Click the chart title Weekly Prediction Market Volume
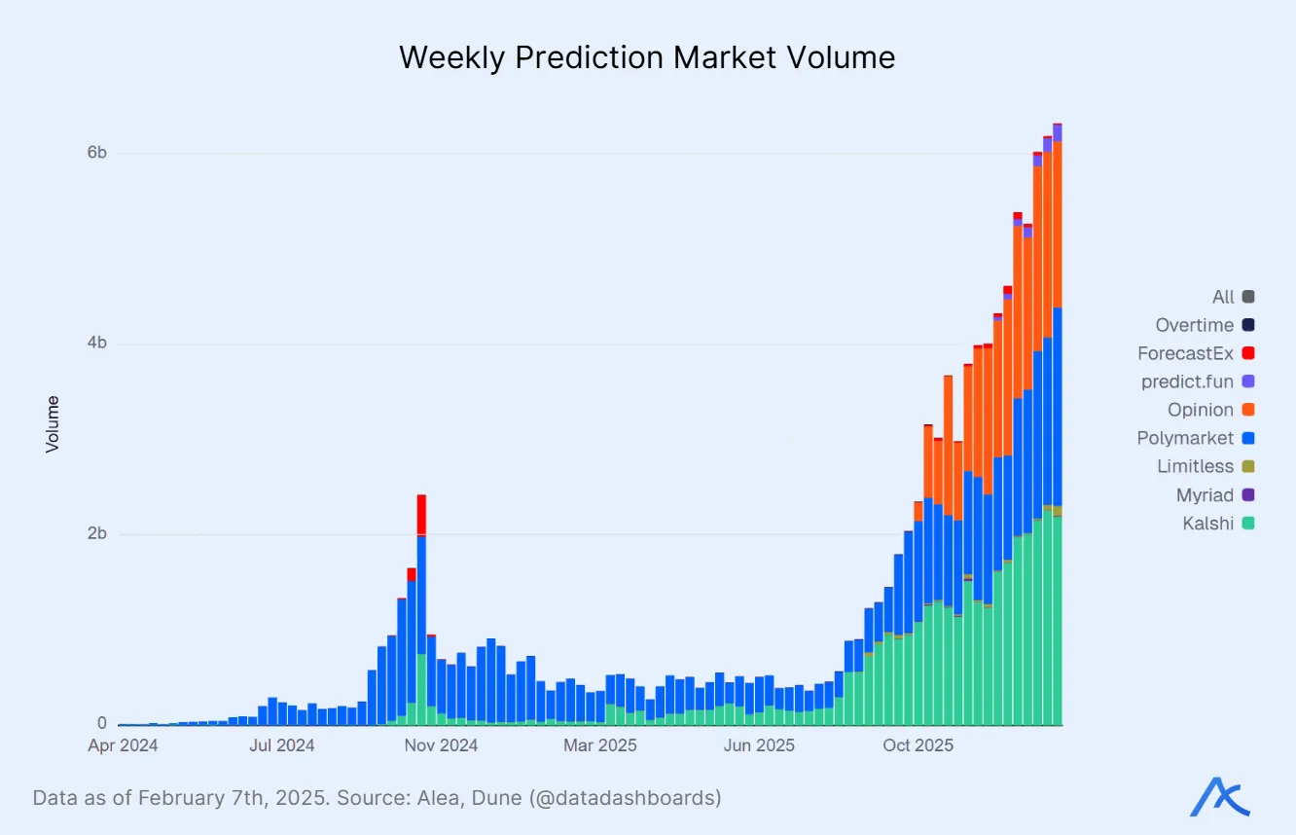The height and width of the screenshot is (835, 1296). click(x=647, y=57)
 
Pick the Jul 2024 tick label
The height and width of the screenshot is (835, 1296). click(x=282, y=746)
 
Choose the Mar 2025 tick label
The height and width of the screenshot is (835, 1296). click(x=600, y=746)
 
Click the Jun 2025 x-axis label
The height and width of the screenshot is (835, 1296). click(x=760, y=746)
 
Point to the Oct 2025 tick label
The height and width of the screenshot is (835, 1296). click(x=918, y=746)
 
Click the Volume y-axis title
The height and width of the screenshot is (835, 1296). click(x=53, y=423)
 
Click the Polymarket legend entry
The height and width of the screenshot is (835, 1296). click(x=1185, y=439)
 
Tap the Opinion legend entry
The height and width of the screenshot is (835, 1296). click(x=1201, y=411)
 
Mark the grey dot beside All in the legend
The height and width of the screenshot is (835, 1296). click(x=1248, y=297)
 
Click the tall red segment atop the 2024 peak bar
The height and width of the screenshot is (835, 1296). click(x=421, y=514)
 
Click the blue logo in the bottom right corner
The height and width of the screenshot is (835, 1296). click(x=1220, y=797)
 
